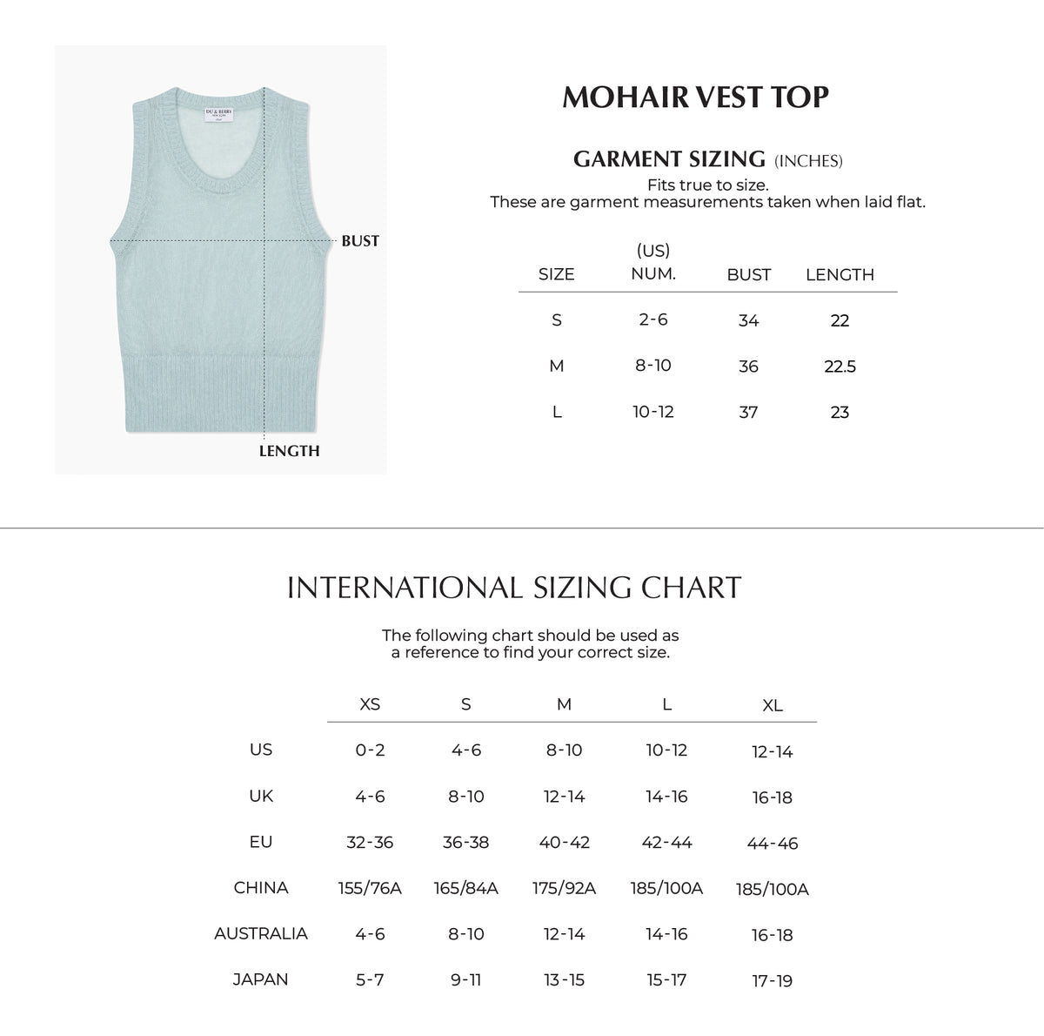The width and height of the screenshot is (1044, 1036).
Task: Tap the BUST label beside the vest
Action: tap(360, 241)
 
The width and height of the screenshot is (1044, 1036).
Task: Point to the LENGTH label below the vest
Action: tap(289, 451)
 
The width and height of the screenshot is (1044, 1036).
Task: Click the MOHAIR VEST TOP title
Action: tap(696, 97)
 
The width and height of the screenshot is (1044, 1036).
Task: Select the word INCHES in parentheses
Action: tap(808, 161)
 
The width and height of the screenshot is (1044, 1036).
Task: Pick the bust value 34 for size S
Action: tap(748, 320)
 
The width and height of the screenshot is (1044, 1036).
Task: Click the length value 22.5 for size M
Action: tap(840, 367)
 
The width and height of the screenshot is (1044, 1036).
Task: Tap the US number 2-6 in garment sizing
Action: tap(652, 320)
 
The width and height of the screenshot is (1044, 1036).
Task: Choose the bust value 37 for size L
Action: tap(748, 412)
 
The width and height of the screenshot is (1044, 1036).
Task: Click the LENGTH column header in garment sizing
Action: tap(840, 275)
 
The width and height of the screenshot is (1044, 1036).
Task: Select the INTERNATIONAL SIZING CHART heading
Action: tap(514, 588)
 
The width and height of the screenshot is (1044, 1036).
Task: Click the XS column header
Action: tap(370, 704)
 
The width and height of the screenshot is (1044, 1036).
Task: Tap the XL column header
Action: tap(773, 706)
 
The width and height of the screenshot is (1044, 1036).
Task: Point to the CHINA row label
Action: tap(261, 888)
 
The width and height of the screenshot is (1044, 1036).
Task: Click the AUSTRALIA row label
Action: tap(261, 933)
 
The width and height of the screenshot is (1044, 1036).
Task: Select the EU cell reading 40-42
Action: tap(564, 842)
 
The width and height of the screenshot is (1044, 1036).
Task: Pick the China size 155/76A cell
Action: tap(370, 889)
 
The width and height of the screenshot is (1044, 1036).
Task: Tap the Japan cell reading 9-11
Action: tap(466, 979)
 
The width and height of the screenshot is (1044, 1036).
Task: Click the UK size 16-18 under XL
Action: tap(773, 797)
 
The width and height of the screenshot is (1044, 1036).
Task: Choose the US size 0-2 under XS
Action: tap(370, 750)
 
